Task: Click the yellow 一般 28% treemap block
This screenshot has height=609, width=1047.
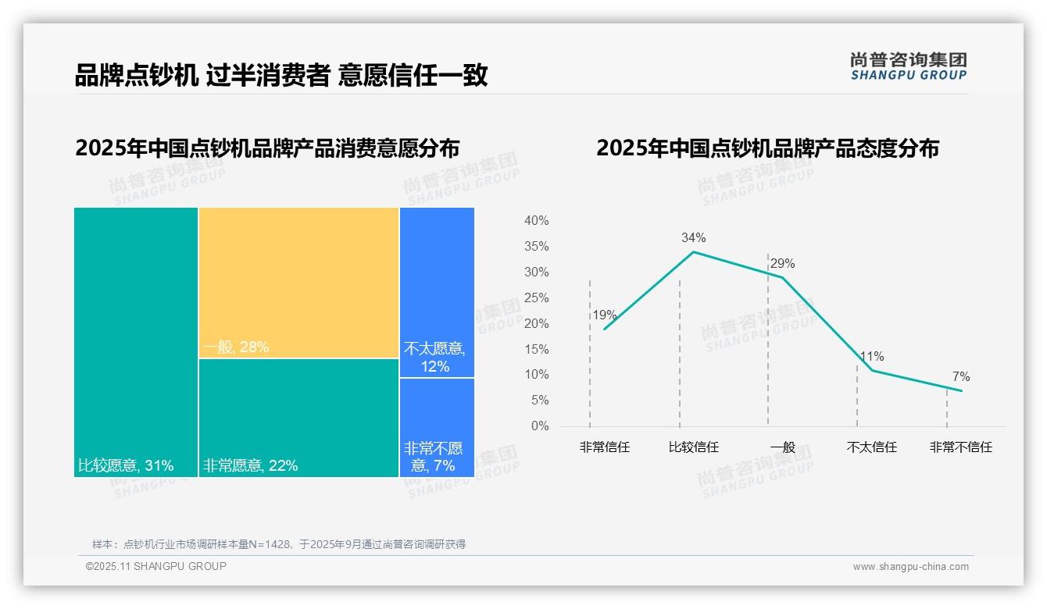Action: click(x=298, y=283)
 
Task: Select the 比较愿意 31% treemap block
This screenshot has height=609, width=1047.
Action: click(x=136, y=342)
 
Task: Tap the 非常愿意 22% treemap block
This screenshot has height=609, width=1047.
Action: click(x=298, y=418)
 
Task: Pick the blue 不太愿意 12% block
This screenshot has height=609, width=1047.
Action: click(x=437, y=292)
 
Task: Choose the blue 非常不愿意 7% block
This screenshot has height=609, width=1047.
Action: click(x=437, y=427)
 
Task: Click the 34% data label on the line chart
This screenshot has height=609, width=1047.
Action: click(x=693, y=237)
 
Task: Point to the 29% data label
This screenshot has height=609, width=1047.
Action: click(x=782, y=264)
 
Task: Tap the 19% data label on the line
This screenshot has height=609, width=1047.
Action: click(x=604, y=315)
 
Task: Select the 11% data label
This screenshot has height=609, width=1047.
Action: click(x=872, y=357)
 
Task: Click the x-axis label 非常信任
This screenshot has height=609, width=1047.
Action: click(x=604, y=447)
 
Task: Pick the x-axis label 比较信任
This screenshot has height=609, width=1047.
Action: click(x=693, y=447)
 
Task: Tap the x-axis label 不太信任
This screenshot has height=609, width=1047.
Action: click(x=872, y=447)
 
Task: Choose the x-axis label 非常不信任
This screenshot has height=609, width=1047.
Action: click(x=960, y=447)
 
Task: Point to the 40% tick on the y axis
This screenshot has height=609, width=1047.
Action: click(x=536, y=221)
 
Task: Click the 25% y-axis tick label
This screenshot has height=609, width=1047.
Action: click(x=536, y=298)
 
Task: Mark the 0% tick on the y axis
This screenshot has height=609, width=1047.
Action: click(x=540, y=426)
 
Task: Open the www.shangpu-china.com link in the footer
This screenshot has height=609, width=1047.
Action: click(x=910, y=567)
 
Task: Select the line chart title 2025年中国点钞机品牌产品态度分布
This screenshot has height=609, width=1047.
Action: click(x=767, y=148)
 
